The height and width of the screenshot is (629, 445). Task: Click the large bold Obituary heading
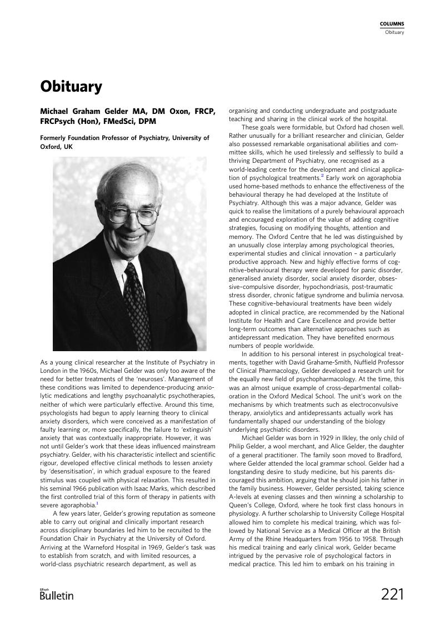(71, 87)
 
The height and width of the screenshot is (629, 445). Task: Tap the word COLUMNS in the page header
(392, 24)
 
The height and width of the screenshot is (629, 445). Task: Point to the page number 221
(392, 595)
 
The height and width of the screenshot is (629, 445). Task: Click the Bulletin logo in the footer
(57, 595)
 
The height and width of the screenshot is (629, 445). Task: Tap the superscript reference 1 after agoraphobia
(97, 504)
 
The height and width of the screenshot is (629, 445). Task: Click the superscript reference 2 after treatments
(322, 176)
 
